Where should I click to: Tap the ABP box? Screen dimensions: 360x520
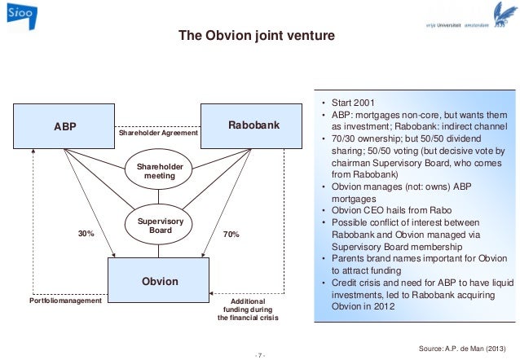point(66,127)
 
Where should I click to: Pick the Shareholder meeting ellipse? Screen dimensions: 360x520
point(159,171)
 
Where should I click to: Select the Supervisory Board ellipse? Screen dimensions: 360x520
point(159,226)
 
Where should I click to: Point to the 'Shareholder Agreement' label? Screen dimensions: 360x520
point(158,133)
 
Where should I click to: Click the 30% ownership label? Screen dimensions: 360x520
point(86,234)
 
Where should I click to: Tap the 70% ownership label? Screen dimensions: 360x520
point(230,234)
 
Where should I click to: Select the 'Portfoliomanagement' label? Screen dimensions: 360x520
point(65,301)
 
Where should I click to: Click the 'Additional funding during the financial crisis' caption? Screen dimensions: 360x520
point(247,310)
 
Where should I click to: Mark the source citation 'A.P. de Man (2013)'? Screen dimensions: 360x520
point(467,347)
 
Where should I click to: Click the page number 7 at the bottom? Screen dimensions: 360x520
point(260,354)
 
